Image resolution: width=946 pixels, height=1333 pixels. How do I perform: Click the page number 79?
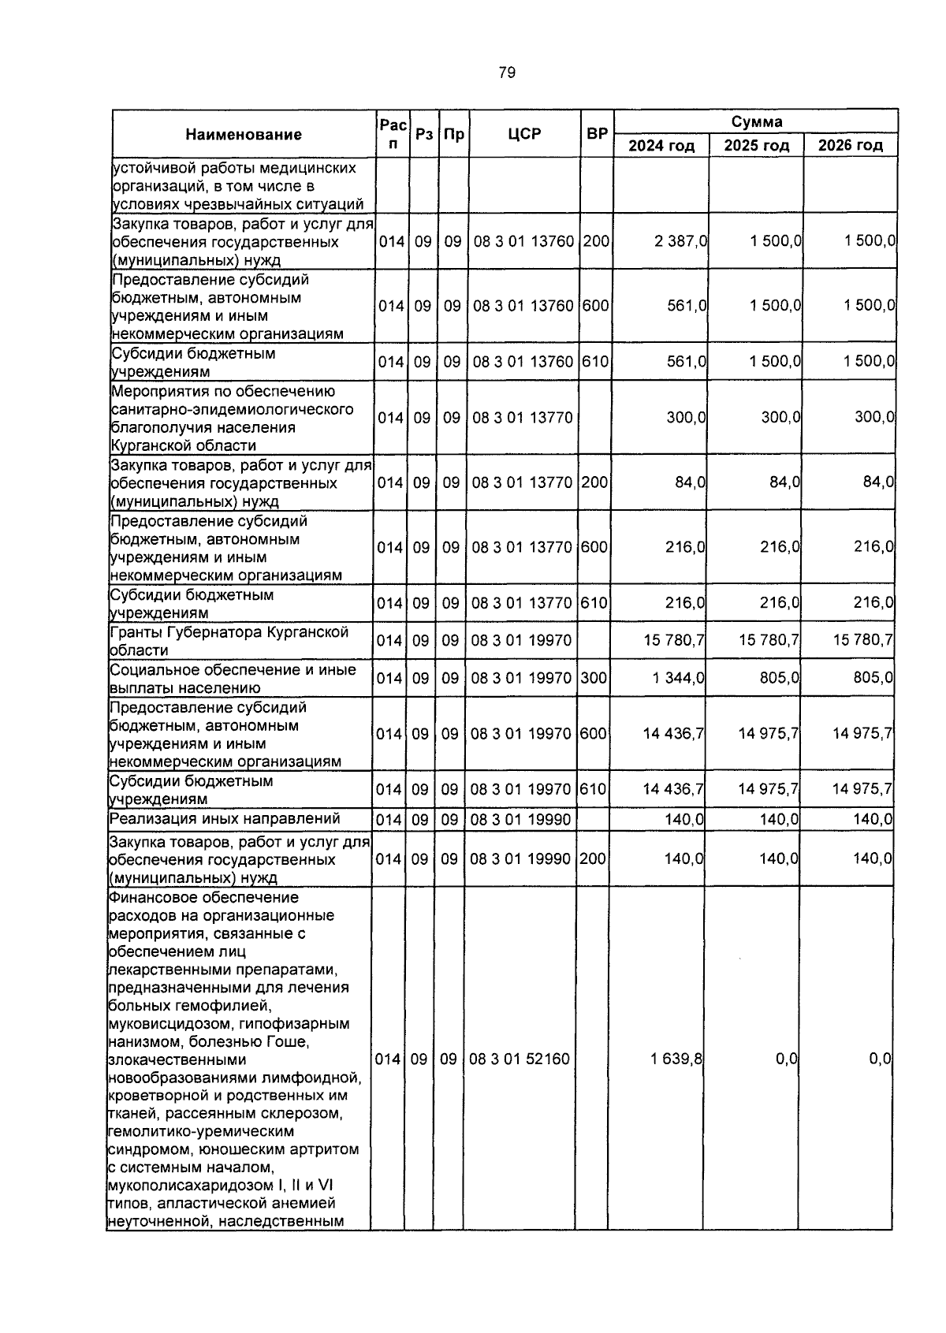[507, 73]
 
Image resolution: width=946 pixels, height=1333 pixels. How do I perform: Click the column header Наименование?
[244, 135]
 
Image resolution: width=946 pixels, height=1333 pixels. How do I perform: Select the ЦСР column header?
[524, 134]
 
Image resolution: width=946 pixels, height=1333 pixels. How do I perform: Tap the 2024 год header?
[661, 146]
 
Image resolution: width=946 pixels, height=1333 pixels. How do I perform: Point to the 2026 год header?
[850, 146]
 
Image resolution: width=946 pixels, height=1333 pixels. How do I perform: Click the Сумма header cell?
[756, 121]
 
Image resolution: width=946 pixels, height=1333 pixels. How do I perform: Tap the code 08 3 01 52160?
[519, 1059]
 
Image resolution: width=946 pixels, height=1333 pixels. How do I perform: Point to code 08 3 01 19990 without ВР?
[520, 820]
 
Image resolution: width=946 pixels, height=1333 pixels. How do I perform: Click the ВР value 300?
[593, 677]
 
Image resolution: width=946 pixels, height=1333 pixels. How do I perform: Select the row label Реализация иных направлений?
[225, 819]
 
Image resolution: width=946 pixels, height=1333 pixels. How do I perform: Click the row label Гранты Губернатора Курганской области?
[229, 641]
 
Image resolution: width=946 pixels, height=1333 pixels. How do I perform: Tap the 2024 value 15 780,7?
[674, 640]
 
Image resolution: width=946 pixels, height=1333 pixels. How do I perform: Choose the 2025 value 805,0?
[779, 677]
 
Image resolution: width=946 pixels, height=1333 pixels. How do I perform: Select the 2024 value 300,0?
[686, 417]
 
